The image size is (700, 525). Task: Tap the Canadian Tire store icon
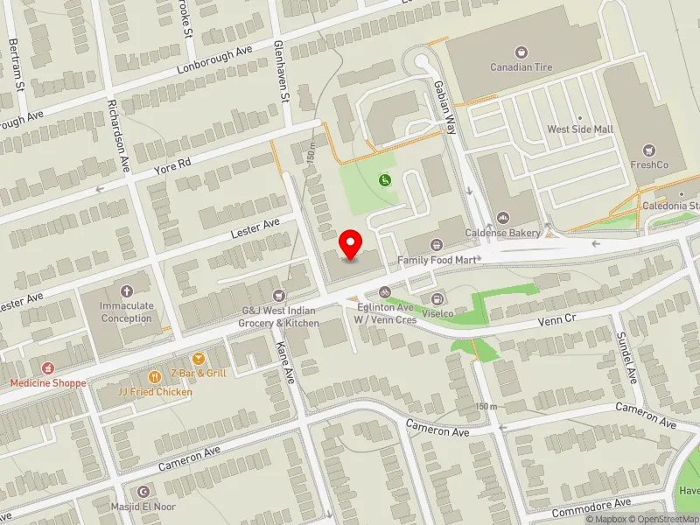pyautogui.click(x=522, y=52)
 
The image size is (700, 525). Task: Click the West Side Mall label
pyautogui.click(x=580, y=129)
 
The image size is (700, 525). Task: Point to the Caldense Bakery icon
pyautogui.click(x=502, y=218)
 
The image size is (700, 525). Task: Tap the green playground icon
pyautogui.click(x=384, y=180)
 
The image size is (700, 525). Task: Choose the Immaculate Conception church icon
pyautogui.click(x=126, y=290)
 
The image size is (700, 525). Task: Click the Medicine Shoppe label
pyautogui.click(x=48, y=383)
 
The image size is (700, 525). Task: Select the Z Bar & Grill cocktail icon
pyautogui.click(x=199, y=359)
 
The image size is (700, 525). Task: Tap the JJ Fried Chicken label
pyautogui.click(x=156, y=392)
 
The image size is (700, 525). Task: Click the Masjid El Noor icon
pyautogui.click(x=144, y=492)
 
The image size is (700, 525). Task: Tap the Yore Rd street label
pyautogui.click(x=172, y=164)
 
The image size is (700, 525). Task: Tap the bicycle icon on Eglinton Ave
pyautogui.click(x=383, y=291)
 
